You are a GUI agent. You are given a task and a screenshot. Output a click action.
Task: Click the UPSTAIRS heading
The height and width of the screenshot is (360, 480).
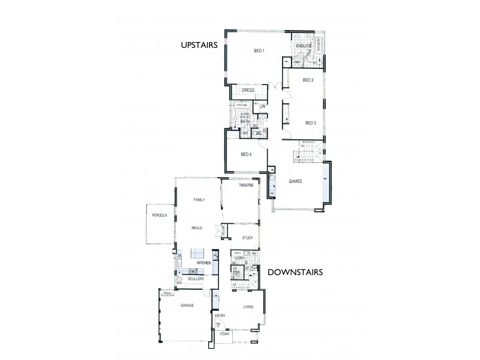[202, 44]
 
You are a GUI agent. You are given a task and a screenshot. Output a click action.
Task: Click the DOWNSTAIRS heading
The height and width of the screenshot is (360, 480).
[295, 272]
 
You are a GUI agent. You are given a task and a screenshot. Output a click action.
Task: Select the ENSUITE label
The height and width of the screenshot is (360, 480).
[302, 45]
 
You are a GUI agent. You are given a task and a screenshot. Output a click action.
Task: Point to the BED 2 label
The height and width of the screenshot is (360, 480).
[308, 80]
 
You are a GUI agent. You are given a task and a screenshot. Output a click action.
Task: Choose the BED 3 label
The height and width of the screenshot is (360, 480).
[310, 123]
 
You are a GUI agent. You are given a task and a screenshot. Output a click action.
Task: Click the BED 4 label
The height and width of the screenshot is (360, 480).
[247, 154]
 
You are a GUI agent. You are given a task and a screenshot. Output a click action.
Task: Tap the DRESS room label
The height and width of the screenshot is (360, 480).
[248, 90]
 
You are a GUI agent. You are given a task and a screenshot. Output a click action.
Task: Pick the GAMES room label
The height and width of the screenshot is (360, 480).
[295, 181]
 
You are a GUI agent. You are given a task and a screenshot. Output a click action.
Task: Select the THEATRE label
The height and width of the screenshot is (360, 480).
[247, 186]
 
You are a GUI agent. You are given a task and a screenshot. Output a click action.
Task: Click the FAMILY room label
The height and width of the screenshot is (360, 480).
[199, 199]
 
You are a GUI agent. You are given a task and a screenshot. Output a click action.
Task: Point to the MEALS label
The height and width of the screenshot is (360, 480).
[197, 228]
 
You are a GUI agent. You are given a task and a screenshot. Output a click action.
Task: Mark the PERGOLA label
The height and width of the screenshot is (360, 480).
[159, 215]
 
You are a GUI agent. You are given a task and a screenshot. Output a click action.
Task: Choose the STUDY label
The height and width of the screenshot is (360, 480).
[248, 238]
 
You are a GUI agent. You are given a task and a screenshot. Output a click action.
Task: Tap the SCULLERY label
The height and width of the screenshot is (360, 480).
[196, 278]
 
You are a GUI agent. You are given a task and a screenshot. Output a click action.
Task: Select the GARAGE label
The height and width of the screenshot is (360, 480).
[187, 305]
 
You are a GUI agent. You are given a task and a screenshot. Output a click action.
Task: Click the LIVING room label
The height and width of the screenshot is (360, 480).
[248, 307]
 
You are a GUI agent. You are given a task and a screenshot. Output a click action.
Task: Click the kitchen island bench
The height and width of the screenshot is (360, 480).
[199, 253]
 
